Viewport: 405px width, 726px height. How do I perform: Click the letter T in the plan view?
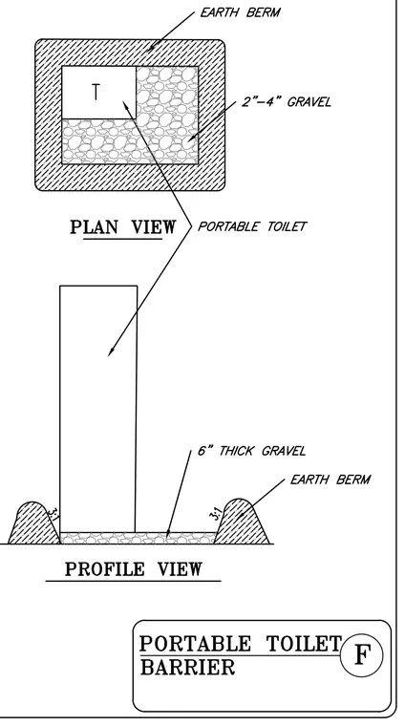pyautogui.click(x=96, y=92)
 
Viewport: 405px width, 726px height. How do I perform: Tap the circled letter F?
pyautogui.click(x=362, y=655)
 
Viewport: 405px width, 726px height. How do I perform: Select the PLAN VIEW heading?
pyautogui.click(x=123, y=227)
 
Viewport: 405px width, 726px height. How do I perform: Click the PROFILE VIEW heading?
pyautogui.click(x=134, y=569)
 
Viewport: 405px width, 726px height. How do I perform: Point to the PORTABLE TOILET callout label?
pyautogui.click(x=252, y=226)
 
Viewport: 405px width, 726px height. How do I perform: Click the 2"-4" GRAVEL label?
pyautogui.click(x=287, y=101)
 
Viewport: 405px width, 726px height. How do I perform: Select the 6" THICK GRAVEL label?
pyautogui.click(x=252, y=451)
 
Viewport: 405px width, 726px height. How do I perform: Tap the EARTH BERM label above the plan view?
pyautogui.click(x=240, y=12)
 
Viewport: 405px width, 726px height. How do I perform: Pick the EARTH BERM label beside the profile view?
pyautogui.click(x=330, y=480)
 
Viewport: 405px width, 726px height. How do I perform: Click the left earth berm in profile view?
pyautogui.click(x=33, y=524)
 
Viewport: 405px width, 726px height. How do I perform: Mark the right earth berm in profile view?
pyautogui.click(x=241, y=523)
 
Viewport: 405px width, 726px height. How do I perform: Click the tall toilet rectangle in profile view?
pyautogui.click(x=98, y=409)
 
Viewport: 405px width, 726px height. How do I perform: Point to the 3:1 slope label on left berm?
pyautogui.click(x=53, y=514)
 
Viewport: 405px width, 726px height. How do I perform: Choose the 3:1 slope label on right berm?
pyautogui.click(x=216, y=514)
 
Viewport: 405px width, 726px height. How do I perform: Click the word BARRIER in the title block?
pyautogui.click(x=187, y=668)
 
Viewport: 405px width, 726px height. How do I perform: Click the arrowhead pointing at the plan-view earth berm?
pyautogui.click(x=153, y=45)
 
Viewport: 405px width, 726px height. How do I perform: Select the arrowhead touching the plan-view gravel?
pyautogui.click(x=191, y=138)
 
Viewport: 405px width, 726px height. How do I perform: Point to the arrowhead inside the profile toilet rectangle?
pyautogui.click(x=111, y=352)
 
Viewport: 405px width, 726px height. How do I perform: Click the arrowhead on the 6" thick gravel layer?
pyautogui.click(x=168, y=534)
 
